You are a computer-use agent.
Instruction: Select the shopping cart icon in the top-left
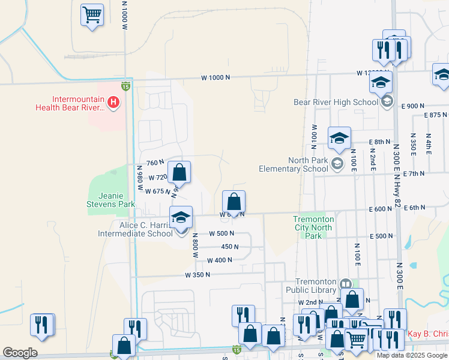(x=92, y=15)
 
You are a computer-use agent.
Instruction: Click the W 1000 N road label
(x=215, y=78)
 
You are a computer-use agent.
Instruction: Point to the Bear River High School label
(x=336, y=102)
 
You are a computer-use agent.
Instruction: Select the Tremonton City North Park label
(x=313, y=227)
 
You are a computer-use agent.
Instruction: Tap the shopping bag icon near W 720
(x=179, y=173)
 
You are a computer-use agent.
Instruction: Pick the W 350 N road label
(x=197, y=275)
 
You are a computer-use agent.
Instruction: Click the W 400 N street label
(x=220, y=260)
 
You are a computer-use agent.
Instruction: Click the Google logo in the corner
(x=20, y=353)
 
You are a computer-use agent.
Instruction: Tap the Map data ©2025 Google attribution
(x=412, y=355)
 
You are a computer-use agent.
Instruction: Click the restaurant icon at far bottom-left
(x=41, y=325)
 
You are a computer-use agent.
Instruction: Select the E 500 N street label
(x=382, y=236)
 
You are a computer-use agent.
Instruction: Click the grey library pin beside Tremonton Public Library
(x=345, y=283)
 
